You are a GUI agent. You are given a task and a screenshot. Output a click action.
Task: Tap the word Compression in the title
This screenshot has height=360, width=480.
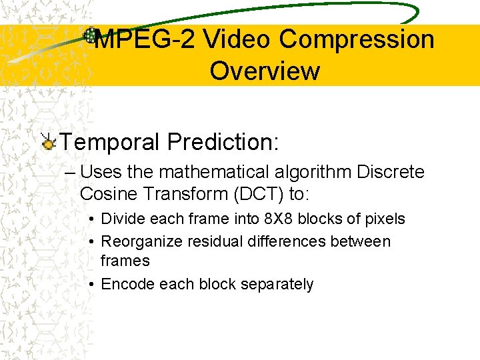point(357,39)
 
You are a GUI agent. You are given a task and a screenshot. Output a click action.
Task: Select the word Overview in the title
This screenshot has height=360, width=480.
point(265,71)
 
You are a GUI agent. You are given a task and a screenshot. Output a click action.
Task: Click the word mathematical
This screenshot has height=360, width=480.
point(209,173)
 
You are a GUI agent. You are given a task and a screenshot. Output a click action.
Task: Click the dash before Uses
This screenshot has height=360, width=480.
point(70,173)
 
